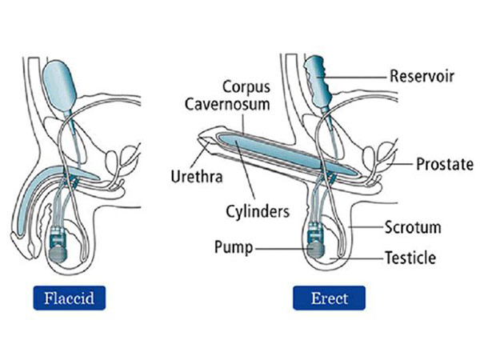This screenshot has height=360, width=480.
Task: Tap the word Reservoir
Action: pyautogui.click(x=421, y=78)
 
